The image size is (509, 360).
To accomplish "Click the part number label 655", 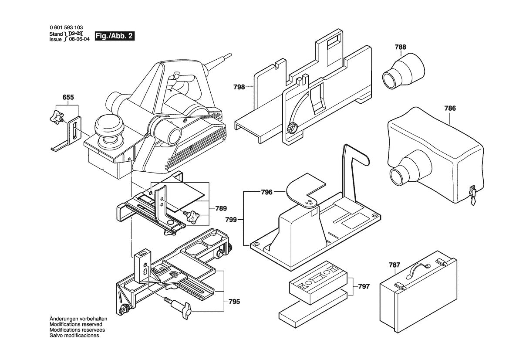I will (68, 97).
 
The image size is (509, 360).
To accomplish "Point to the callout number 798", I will (239, 87).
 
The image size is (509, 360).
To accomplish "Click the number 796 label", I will (266, 192).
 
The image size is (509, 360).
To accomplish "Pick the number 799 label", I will (231, 220).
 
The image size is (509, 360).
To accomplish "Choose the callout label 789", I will (221, 208).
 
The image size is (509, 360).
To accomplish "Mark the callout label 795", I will (234, 301).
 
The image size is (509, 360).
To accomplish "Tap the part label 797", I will (364, 286).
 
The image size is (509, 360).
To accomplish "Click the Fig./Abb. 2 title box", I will (114, 36).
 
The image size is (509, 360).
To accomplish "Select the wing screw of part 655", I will (55, 116).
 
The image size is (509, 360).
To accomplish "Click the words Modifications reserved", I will (76, 324).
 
